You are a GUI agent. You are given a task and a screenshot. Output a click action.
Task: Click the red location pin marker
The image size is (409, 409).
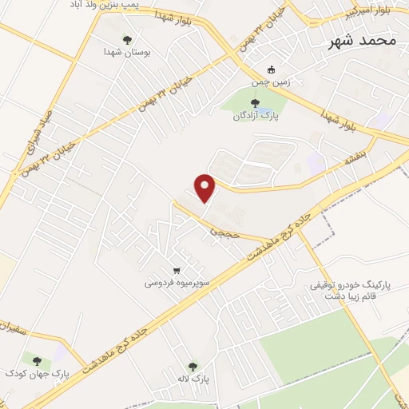[x=206, y=188]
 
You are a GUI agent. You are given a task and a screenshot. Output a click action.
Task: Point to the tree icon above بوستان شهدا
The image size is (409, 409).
[x=127, y=39]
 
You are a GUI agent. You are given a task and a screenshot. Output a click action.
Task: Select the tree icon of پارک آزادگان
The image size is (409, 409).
[x=256, y=103]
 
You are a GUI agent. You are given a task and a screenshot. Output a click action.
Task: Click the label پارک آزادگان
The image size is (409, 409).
[x=253, y=116]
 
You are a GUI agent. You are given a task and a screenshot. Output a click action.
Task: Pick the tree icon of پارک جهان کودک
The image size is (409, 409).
[x=34, y=361]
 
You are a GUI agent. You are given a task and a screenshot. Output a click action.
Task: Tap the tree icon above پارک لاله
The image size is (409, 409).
[x=192, y=366]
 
